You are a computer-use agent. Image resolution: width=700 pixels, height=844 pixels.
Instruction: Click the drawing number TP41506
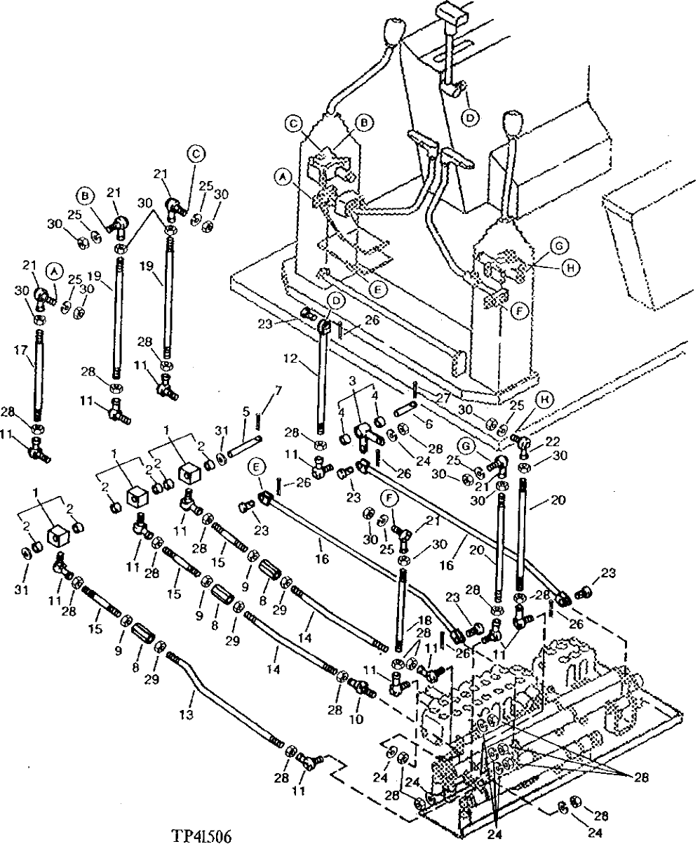pos(201,836)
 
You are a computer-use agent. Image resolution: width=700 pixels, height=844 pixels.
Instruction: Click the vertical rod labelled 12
pos(323,379)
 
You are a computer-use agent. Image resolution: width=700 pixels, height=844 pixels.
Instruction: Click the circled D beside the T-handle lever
pos(469,116)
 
